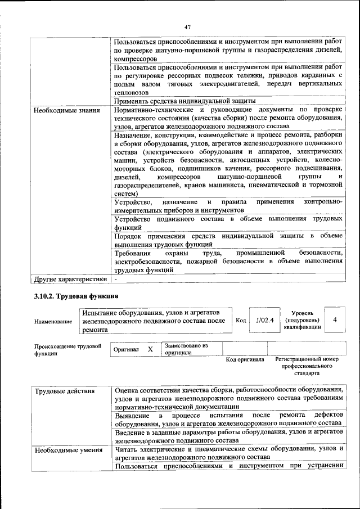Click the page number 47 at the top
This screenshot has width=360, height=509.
point(188,26)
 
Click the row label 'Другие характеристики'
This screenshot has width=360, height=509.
point(70,278)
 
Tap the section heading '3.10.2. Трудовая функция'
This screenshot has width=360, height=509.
point(75,296)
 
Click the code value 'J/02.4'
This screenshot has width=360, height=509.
point(264,321)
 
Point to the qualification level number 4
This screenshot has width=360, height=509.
point(335,320)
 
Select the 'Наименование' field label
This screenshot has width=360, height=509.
point(53,321)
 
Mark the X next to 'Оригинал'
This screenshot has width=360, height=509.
point(150,349)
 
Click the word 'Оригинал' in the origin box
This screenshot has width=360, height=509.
point(126,349)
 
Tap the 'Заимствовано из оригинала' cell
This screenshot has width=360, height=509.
point(186,349)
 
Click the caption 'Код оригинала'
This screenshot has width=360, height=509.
point(245,359)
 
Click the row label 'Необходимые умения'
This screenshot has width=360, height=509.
point(68,450)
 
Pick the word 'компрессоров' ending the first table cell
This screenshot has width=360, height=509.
point(135,58)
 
